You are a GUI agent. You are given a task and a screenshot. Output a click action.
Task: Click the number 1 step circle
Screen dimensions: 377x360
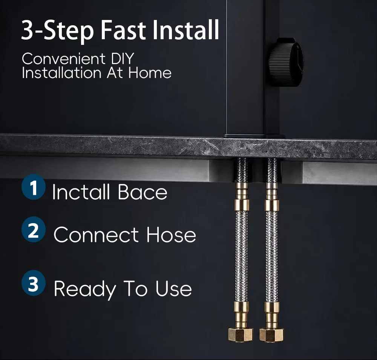tap(34, 187)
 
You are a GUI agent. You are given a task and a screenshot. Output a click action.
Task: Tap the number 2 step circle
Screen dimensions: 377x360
tap(34, 230)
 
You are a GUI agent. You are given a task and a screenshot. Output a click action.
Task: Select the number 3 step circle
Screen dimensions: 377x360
tap(34, 283)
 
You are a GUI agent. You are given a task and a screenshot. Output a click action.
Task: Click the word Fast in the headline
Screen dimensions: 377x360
tap(123, 30)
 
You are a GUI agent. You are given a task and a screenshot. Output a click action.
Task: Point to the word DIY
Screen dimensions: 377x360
tap(123, 59)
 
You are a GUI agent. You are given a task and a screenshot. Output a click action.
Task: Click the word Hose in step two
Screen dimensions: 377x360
tap(171, 235)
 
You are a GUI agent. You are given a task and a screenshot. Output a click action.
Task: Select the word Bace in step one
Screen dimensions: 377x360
tap(142, 192)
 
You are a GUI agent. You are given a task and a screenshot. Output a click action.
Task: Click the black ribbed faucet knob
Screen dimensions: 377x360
tap(286, 62)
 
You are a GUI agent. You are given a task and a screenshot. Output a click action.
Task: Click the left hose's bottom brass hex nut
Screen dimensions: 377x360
tap(241, 334)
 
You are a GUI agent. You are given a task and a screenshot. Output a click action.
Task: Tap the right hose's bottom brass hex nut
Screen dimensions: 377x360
tap(271, 334)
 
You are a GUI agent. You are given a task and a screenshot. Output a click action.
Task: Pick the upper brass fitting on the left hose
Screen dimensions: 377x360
tap(242, 197)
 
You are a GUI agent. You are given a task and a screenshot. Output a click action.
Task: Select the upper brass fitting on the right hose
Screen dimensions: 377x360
tap(272, 197)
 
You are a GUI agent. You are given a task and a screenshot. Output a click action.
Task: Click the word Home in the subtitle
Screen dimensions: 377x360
tap(150, 73)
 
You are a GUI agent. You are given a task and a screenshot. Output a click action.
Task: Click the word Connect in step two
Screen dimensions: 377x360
tap(96, 235)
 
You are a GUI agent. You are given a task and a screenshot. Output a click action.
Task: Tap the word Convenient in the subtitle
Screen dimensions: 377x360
tap(64, 59)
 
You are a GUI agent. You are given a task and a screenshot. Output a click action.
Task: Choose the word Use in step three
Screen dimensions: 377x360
tap(173, 288)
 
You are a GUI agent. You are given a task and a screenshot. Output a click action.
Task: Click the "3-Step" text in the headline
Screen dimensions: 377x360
tap(57, 31)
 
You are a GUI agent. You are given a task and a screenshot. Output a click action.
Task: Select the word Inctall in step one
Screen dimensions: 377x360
tap(81, 191)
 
